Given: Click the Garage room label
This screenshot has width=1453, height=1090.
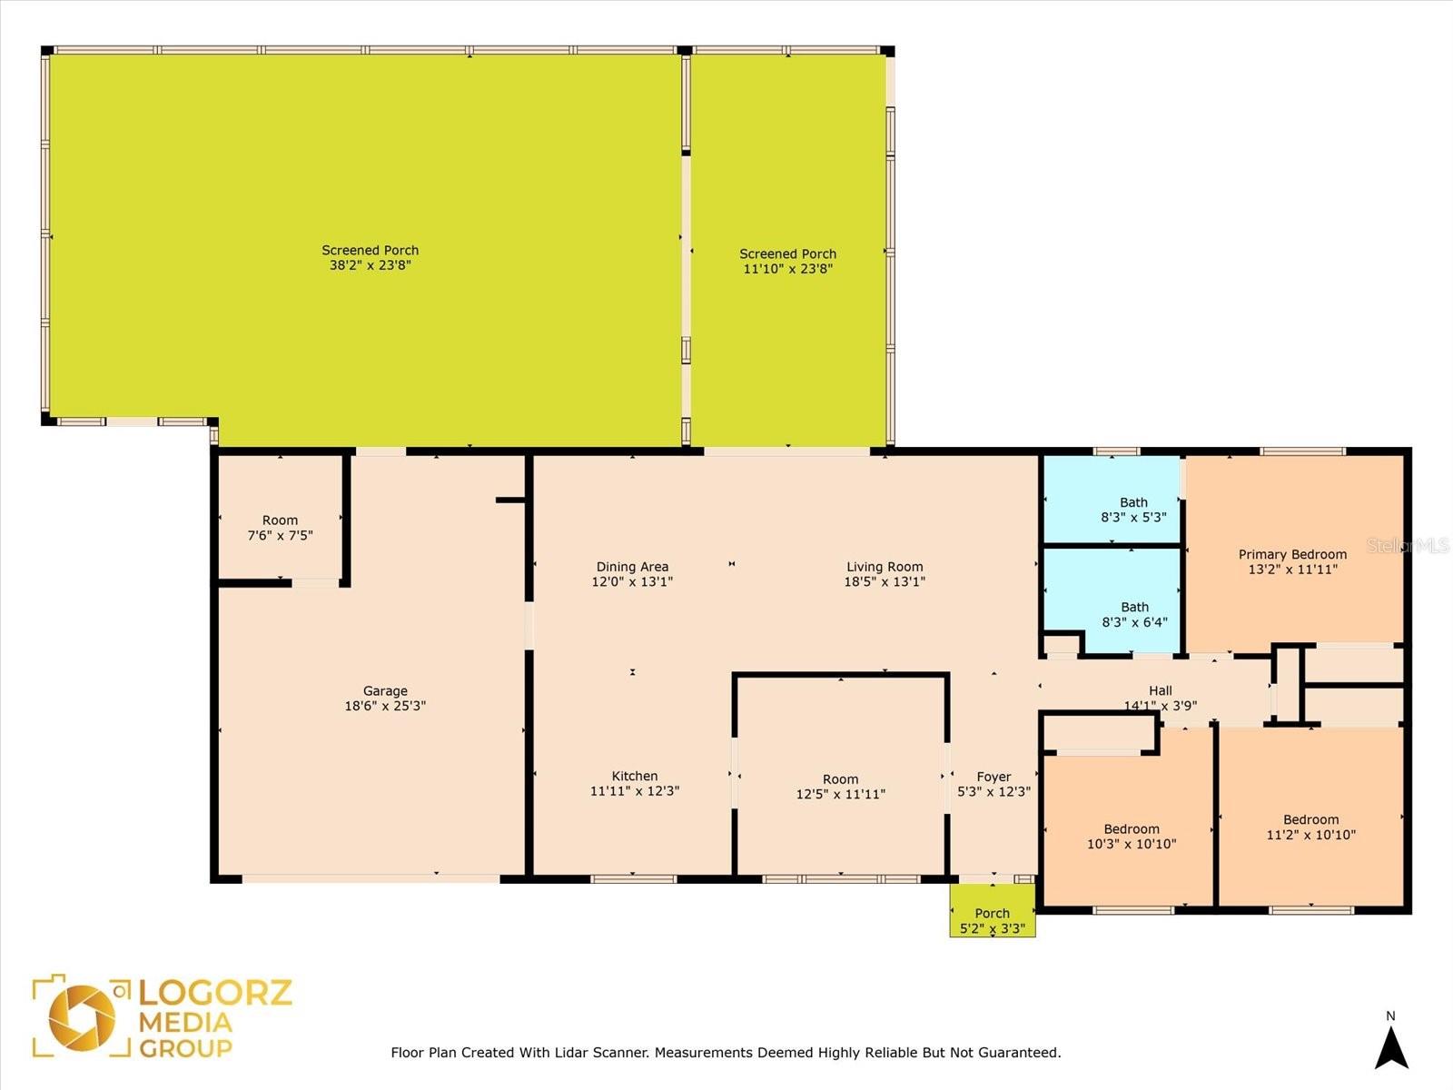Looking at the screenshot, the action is pos(385,691).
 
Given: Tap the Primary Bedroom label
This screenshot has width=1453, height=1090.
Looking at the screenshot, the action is pos(1292,555).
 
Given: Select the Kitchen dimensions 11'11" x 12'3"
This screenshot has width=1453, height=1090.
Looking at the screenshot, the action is pos(635,790).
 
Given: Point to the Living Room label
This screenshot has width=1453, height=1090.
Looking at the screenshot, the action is pos(885,567).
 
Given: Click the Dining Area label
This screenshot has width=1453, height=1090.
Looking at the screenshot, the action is pos(632,567).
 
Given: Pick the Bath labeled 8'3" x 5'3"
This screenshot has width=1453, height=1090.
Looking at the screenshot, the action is pos(1112,500).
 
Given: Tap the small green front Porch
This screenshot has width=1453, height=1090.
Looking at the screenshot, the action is pos(993,910).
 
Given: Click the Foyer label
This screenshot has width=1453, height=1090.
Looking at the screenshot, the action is pos(993,777).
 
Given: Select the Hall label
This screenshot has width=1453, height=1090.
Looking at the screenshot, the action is pos(1161,690).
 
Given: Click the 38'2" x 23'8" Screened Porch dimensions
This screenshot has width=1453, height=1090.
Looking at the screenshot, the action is pos(370,265).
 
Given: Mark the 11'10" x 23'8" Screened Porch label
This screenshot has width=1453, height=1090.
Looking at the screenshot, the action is pos(787,253).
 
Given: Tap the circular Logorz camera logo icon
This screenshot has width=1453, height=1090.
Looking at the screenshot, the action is pos(82,1018).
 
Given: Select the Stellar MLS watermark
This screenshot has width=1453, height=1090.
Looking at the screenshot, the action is pos(1408,546).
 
